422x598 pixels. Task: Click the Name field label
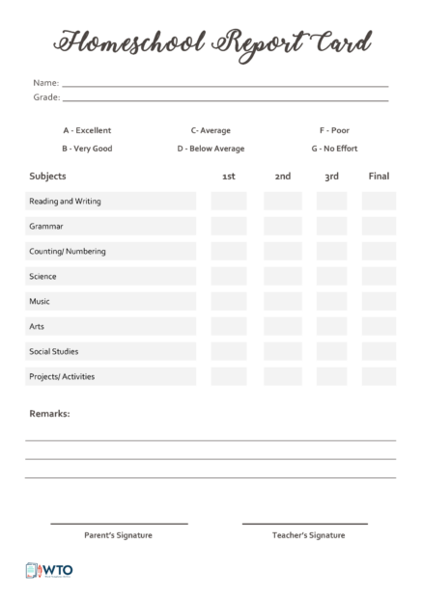(45, 83)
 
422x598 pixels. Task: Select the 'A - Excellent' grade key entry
(87, 130)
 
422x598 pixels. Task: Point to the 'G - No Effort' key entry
(334, 149)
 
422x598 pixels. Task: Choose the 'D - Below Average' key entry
(211, 149)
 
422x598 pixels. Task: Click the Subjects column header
(48, 177)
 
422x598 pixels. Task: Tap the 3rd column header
(331, 177)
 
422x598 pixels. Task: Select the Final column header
(379, 177)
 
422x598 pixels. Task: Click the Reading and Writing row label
(66, 202)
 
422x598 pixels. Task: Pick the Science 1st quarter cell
(229, 277)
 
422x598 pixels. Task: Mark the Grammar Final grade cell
(379, 227)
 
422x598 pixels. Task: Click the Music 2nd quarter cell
(282, 302)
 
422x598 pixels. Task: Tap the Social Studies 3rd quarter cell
(331, 352)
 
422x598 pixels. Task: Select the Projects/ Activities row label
(62, 377)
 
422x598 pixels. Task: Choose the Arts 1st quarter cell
(229, 327)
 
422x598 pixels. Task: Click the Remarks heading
(49, 414)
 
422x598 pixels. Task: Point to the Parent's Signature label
(118, 534)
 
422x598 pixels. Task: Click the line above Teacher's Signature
(305, 524)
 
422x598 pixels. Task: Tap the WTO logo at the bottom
(49, 571)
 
